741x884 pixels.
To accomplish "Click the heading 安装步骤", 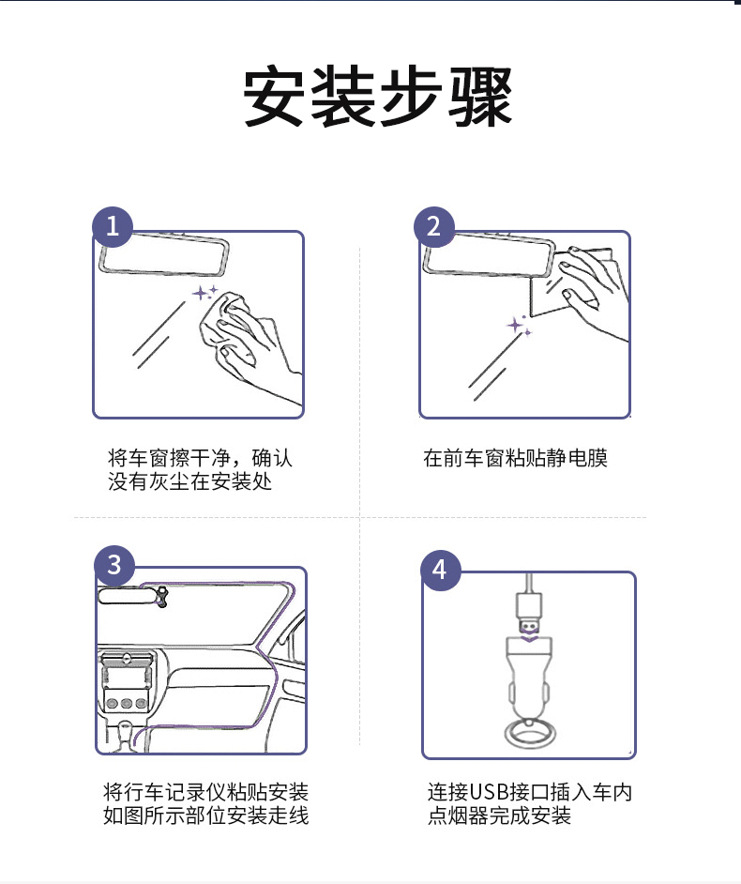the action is click(378, 96).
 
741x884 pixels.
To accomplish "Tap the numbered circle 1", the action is click(113, 227).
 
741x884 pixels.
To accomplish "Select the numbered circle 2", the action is click(434, 227).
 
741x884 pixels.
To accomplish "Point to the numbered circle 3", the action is click(114, 565).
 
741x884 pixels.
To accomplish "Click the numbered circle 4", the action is click(441, 570).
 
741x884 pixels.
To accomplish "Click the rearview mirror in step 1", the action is click(164, 253).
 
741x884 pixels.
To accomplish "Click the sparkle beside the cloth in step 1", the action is click(204, 293).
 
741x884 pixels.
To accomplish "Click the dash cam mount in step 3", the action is click(162, 597).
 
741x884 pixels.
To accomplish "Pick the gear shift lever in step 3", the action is click(124, 733).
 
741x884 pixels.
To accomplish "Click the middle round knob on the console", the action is click(127, 703).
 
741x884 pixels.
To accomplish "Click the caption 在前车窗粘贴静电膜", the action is click(516, 458).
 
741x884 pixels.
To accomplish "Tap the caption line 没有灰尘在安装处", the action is click(190, 481).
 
